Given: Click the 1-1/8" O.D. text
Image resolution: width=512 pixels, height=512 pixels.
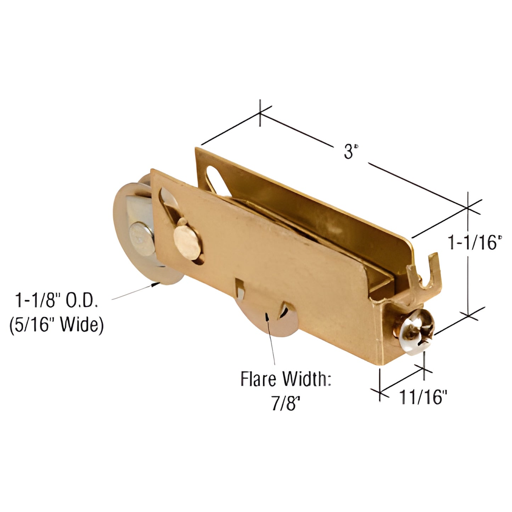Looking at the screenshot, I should (56, 301).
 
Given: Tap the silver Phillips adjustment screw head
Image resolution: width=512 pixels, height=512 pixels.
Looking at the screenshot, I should (417, 331).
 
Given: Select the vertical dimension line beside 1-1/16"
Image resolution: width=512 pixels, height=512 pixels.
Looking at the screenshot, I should (468, 283).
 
